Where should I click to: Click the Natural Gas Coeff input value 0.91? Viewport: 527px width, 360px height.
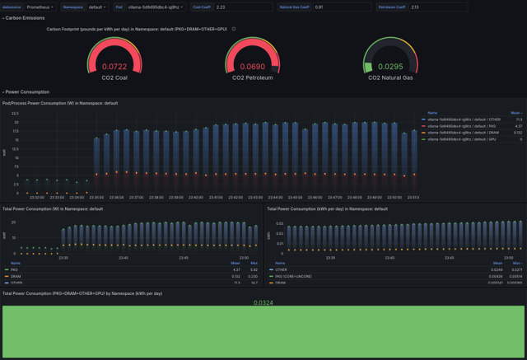[342, 7]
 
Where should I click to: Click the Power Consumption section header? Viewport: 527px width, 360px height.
[27, 92]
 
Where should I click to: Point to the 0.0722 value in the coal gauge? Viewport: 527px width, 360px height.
[114, 67]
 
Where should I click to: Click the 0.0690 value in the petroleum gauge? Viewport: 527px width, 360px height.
[252, 67]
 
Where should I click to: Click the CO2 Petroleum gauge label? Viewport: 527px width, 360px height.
[252, 77]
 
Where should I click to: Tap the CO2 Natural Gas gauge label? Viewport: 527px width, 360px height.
[389, 77]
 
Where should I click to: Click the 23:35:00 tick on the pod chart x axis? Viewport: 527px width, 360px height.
[96, 197]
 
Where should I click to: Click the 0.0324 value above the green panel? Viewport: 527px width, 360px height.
[263, 302]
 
